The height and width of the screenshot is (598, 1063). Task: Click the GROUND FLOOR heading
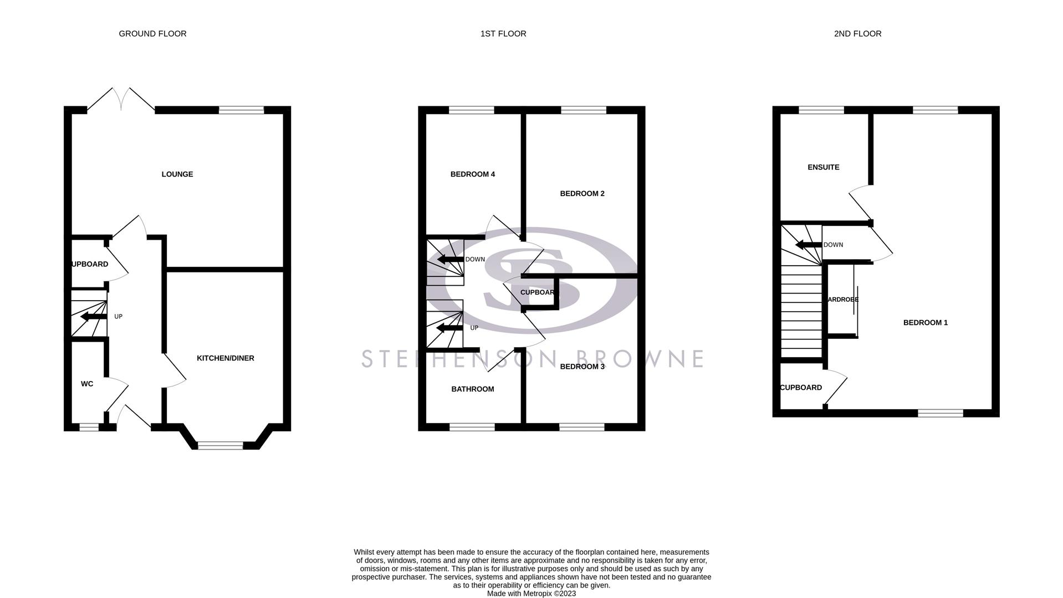(x=152, y=34)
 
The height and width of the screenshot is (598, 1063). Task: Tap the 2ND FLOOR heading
(x=857, y=34)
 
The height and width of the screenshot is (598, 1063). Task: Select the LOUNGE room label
(x=177, y=174)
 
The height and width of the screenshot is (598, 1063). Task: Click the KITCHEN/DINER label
(x=226, y=358)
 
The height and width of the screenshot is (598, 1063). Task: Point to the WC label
(x=87, y=384)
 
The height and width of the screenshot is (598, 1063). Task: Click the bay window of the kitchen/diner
(x=220, y=445)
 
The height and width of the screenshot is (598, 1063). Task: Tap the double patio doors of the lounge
(x=121, y=100)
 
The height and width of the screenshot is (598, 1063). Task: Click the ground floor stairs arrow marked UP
(x=93, y=317)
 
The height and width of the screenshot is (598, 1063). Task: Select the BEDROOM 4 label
(x=473, y=174)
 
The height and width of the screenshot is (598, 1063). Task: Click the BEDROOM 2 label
(x=582, y=194)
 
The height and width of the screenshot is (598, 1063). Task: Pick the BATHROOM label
(x=473, y=389)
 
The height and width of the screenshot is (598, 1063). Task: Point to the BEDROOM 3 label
(x=582, y=367)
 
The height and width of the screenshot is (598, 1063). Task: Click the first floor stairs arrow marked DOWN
(x=450, y=259)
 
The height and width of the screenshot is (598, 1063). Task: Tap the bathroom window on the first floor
(x=472, y=427)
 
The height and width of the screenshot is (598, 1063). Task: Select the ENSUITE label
(x=824, y=167)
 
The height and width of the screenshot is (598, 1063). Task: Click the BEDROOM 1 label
(x=926, y=323)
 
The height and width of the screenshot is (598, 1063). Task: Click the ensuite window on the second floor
(x=821, y=110)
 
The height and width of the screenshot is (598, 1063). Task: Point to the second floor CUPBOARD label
(x=801, y=388)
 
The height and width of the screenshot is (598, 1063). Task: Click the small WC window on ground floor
(x=89, y=427)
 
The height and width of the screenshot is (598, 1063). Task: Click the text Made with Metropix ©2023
(x=531, y=594)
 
